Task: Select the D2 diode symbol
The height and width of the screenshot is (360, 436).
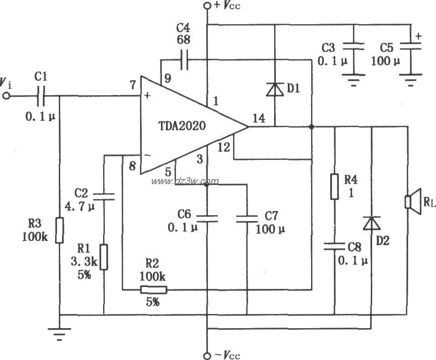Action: point(371,223)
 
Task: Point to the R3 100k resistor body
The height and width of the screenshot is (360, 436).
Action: point(60,230)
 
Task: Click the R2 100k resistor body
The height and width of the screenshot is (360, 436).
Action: point(153,289)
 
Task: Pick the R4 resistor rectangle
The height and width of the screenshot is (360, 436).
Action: point(335,186)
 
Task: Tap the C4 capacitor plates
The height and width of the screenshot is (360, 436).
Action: point(184,60)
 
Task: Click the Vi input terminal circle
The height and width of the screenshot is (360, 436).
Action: point(6,96)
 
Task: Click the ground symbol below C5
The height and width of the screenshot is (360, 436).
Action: point(410,82)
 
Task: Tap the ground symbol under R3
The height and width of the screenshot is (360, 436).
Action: point(60,336)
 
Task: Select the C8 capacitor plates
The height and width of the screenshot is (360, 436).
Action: point(335,247)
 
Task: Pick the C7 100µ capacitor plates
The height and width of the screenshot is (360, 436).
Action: point(247,219)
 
